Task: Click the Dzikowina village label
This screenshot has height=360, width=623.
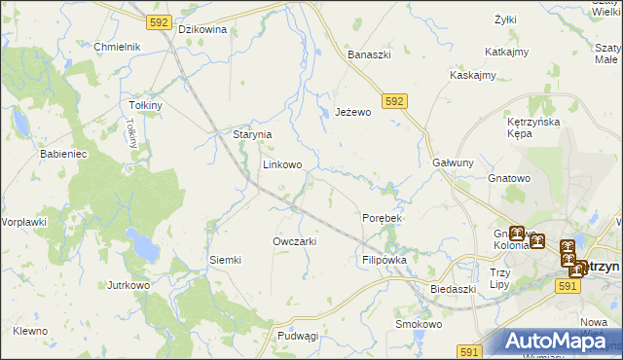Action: (x=202, y=29)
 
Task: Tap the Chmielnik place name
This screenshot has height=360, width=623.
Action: (x=118, y=47)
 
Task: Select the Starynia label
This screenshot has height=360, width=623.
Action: (x=251, y=135)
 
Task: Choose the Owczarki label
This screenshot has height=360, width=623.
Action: (x=295, y=241)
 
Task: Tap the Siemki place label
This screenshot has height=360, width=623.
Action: (x=225, y=260)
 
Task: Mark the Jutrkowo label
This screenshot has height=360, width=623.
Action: (x=128, y=286)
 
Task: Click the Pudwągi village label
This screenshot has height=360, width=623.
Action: (x=298, y=336)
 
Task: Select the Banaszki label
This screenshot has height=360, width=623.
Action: (x=370, y=54)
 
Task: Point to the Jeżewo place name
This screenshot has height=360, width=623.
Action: (x=353, y=113)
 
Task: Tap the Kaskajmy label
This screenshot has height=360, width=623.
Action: (x=473, y=75)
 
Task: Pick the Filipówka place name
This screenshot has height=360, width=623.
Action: (x=384, y=261)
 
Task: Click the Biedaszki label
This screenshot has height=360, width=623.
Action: (x=453, y=289)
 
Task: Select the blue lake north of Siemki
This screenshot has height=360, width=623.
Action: (x=146, y=250)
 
